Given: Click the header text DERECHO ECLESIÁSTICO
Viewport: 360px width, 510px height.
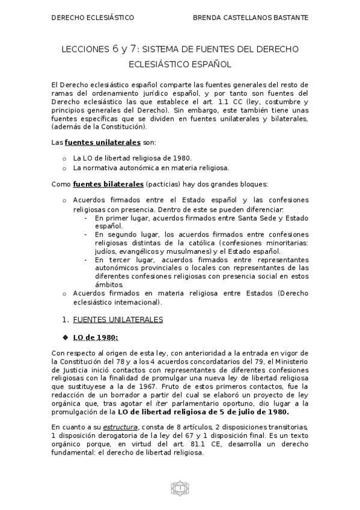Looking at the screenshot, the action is coord(93,18).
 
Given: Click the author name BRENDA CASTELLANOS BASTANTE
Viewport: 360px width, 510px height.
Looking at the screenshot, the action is coord(251,18).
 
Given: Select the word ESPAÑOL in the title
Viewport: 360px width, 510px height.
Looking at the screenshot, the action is coord(209,63).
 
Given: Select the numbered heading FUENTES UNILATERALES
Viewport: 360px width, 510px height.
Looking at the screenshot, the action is coord(117,319).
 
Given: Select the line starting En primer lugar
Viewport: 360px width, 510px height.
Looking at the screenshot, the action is coord(201,218).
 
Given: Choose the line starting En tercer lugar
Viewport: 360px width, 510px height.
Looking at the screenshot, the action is coord(201,259).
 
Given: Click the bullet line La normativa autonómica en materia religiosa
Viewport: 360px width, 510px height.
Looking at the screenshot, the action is coord(151,168).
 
